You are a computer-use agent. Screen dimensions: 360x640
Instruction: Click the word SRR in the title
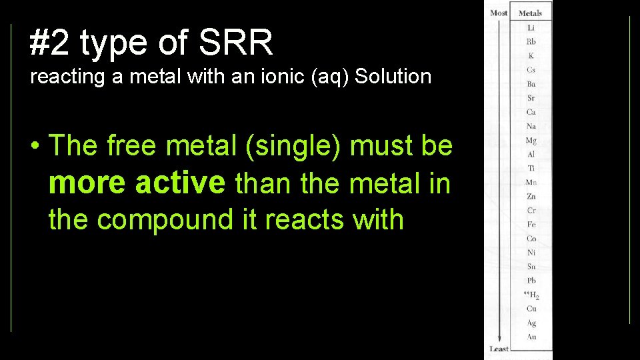[236, 43]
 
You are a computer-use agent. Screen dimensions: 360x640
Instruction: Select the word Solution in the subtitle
[393, 77]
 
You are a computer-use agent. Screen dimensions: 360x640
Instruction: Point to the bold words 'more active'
[137, 183]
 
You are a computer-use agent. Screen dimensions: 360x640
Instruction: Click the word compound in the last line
[175, 219]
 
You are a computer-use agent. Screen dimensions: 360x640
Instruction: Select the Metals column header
[531, 13]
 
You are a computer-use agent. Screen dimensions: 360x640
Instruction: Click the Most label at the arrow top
[499, 13]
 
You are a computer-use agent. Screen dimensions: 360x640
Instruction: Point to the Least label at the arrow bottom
[499, 349]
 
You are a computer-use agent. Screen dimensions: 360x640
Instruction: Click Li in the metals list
[531, 28]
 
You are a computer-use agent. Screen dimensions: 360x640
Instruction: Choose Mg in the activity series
[531, 141]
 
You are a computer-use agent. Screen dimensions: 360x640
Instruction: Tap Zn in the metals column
[531, 197]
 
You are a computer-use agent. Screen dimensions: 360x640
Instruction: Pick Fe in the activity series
[531, 225]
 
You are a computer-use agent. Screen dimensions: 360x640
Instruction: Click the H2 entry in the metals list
[530, 295]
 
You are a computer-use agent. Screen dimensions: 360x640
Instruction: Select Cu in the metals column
[531, 309]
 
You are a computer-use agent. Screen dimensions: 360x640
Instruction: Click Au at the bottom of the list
[531, 337]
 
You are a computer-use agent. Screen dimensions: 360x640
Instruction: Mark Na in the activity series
[531, 126]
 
